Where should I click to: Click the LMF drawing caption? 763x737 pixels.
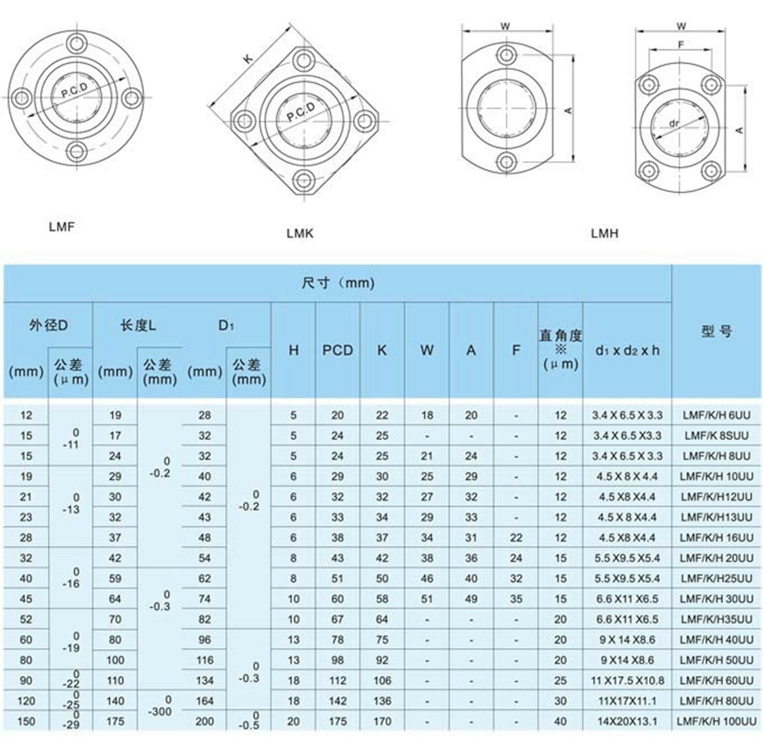coord(62,227)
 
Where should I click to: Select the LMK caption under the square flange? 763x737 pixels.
coord(300,233)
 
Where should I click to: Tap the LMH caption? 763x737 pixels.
coord(604,233)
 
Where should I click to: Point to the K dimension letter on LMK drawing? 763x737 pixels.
coord(247,59)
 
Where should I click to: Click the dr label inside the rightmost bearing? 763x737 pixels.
coord(673,123)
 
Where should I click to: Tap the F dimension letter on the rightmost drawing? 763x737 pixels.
coord(681,44)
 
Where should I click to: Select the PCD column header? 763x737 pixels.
coord(337,350)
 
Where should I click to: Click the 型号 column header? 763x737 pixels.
coord(716,331)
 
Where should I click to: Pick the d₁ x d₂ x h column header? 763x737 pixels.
coord(627,351)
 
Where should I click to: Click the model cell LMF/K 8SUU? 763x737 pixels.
coord(716,436)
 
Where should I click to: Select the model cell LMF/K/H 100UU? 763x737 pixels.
coord(716,721)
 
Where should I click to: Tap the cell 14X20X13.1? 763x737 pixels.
coord(627,721)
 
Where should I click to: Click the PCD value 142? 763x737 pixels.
coord(337,701)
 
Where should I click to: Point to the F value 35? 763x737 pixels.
coord(516,599)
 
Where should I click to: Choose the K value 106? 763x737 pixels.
coord(382,681)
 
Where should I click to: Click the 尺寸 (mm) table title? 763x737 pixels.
coord(338,283)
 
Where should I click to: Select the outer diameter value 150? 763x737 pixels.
coord(26,721)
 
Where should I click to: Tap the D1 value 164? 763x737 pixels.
coord(204,701)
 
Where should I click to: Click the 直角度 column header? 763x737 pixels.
coord(560,350)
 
